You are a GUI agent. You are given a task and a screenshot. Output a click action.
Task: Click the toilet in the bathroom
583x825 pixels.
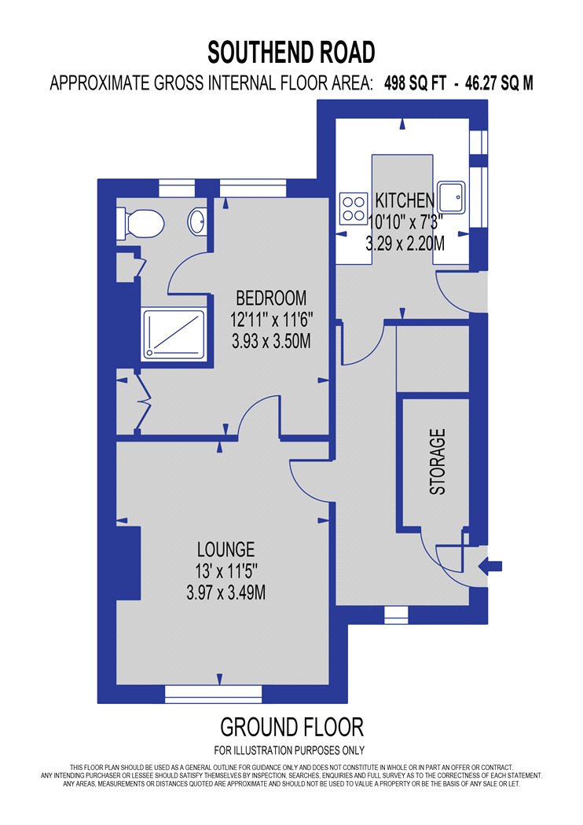click(140, 224)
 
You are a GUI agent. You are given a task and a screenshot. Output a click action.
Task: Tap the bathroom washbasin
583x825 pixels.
click(196, 222)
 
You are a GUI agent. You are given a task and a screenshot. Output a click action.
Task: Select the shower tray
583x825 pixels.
click(173, 335)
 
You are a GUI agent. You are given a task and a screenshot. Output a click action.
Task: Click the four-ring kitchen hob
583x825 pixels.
click(354, 209)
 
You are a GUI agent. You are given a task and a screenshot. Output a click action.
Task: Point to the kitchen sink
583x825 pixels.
click(452, 197)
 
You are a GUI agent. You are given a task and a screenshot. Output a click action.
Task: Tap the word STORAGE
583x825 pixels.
click(438, 461)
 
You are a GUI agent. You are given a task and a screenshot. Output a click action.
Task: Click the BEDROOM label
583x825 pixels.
click(271, 299)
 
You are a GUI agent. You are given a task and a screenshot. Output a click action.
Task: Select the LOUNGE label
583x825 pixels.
click(225, 549)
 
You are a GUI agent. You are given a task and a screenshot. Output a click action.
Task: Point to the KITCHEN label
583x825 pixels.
click(405, 200)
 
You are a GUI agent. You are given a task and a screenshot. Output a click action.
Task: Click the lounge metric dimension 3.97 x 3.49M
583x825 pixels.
click(225, 593)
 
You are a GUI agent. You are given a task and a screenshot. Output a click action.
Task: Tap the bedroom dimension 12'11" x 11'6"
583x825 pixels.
click(272, 319)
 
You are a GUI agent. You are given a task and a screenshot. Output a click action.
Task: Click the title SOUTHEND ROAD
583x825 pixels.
click(291, 52)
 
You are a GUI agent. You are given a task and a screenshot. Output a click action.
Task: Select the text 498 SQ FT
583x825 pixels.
click(415, 83)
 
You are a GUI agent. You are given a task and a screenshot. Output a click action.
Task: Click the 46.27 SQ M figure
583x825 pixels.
click(499, 83)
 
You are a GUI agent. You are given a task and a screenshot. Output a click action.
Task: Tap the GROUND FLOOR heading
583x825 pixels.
click(291, 727)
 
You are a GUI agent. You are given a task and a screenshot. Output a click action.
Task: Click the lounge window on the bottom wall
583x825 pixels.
click(213, 694)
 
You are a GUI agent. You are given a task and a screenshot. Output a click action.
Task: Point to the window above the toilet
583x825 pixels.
click(177, 189)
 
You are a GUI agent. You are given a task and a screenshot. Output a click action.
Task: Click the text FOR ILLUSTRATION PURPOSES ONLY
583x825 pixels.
click(289, 750)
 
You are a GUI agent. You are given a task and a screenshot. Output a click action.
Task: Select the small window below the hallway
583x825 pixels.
click(396, 614)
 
